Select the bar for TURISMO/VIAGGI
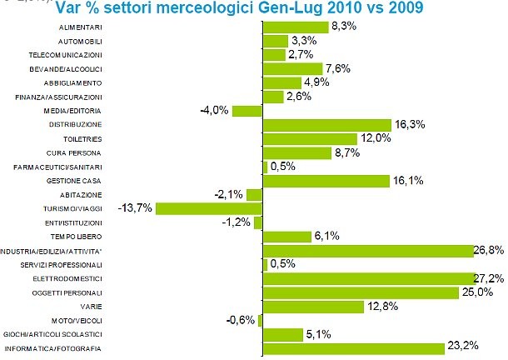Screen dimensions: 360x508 point(209,208)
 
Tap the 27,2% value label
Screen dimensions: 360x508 point(492,277)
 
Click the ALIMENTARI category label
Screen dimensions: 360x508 point(80,27)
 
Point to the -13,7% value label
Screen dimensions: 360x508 point(136,207)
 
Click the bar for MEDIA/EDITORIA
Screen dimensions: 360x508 point(247,110)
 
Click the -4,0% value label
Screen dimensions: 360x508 point(214,110)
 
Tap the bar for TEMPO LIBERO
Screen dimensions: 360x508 point(286,237)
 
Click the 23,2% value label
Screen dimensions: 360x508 point(464,347)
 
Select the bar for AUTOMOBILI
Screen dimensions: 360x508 point(276,40)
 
